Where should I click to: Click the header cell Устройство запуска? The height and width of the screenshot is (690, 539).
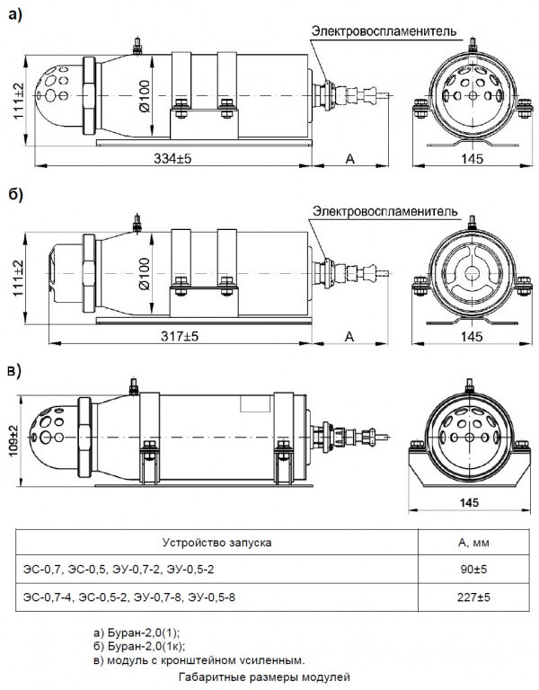coord(216,543)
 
